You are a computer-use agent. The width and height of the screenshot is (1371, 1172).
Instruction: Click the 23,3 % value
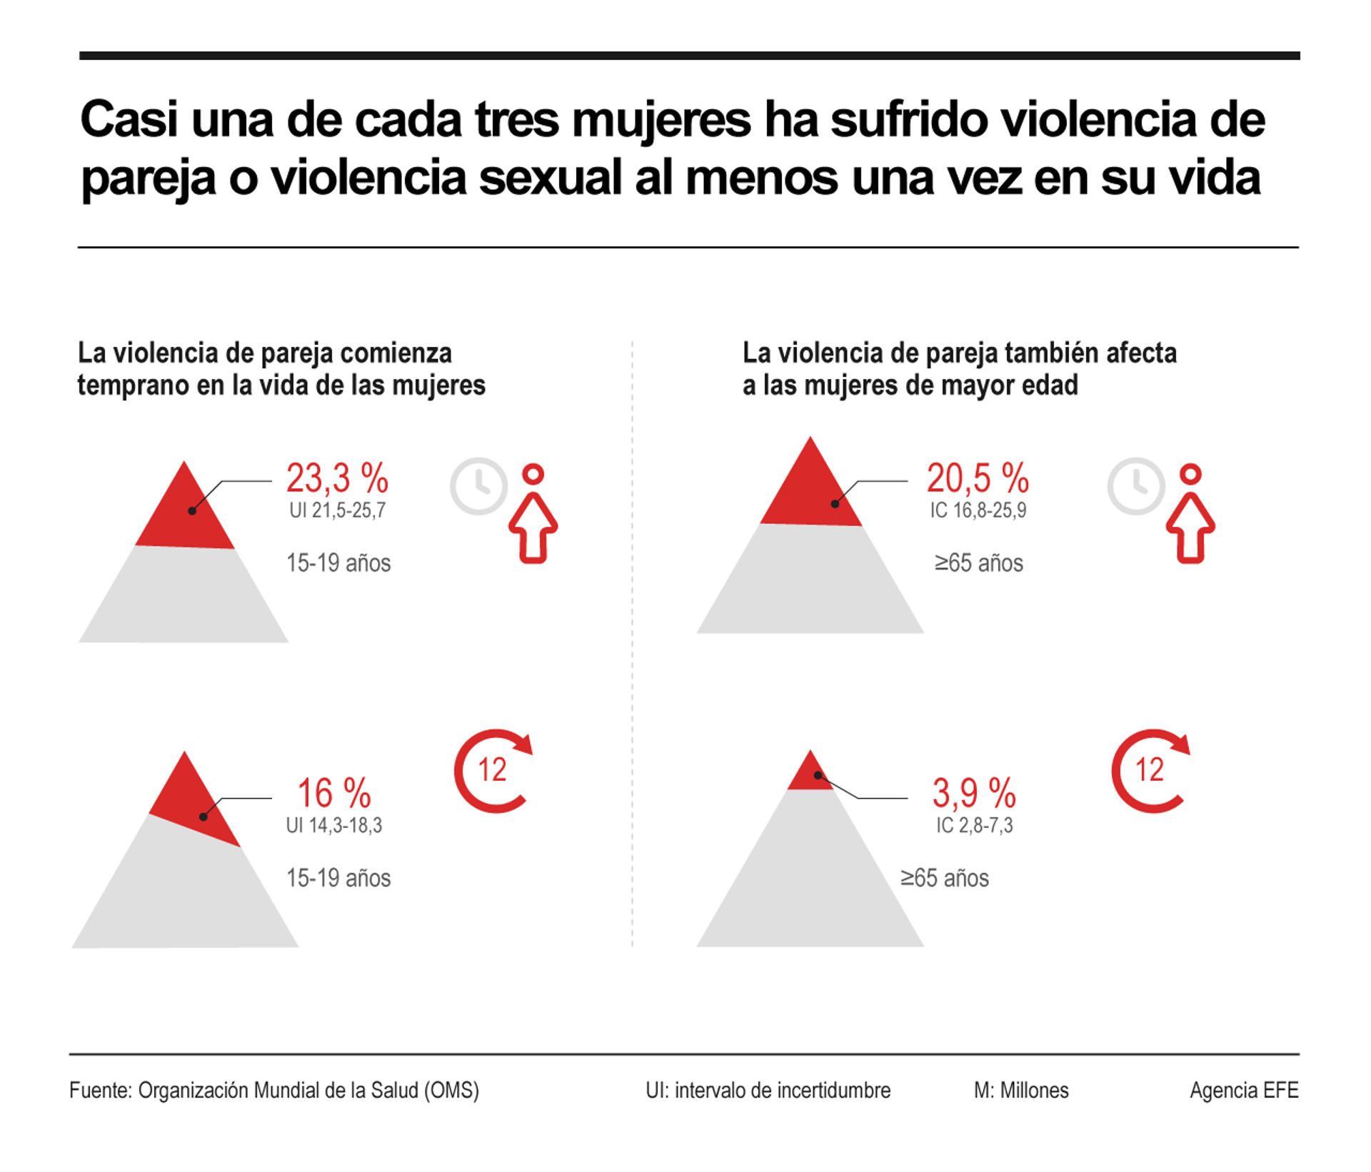point(337,478)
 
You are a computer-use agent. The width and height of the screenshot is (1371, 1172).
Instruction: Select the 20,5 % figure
point(978,478)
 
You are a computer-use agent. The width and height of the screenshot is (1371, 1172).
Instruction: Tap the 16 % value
point(334,793)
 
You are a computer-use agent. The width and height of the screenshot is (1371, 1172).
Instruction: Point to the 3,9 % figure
point(974,793)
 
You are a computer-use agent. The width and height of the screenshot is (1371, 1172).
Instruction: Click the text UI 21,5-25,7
point(337,510)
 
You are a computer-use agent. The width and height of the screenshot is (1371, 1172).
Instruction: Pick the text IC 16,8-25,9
point(978,510)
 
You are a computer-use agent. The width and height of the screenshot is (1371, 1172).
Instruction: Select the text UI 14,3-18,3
point(334,825)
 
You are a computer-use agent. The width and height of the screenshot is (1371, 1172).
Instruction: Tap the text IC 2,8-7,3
point(974,825)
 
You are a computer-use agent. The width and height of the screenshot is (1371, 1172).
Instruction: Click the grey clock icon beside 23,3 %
point(478,486)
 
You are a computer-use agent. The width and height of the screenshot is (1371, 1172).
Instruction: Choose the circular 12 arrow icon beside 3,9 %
point(1150,770)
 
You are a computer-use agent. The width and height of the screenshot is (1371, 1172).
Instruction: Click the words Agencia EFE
point(1244,1091)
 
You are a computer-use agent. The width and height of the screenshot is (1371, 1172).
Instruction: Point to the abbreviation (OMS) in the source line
point(451,1091)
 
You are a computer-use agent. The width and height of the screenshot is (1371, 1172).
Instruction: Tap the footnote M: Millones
point(1021,1091)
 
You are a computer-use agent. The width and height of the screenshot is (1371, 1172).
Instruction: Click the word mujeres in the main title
point(661,119)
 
